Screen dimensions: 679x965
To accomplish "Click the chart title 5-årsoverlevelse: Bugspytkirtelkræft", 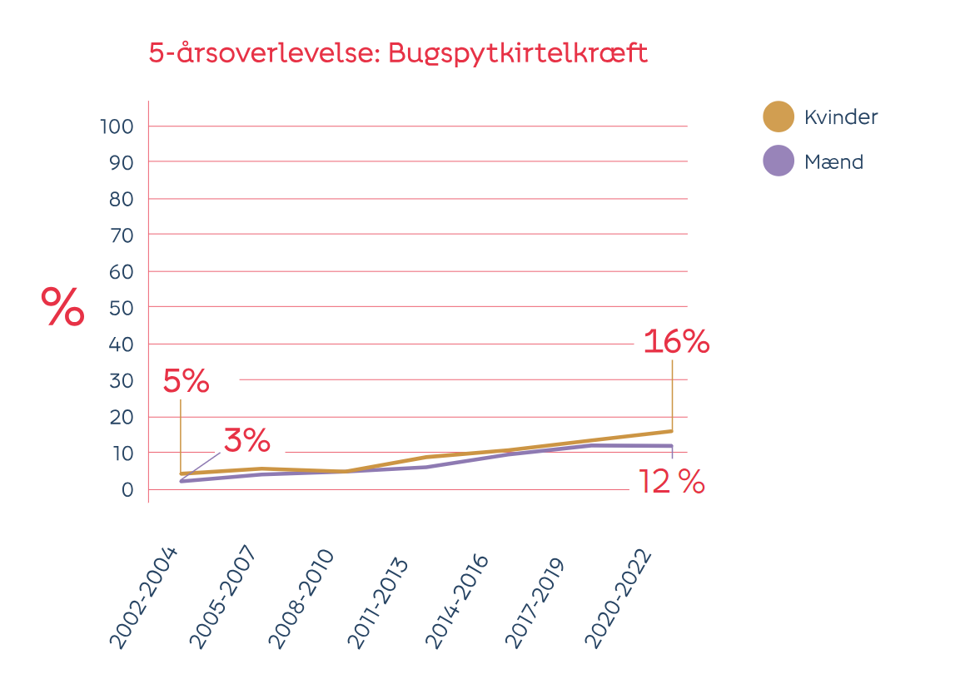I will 398,53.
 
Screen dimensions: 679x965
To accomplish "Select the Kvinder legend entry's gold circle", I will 778,117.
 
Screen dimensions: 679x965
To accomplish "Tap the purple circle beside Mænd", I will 778,161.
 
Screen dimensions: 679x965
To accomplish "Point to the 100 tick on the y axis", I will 117,126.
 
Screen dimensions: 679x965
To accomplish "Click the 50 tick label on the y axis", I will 122,308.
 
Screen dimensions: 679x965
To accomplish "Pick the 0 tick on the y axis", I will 127,489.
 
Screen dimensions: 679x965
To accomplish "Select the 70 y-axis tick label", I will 122,235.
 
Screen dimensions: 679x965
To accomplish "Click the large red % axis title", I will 63,308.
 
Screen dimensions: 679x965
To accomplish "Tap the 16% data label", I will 676,342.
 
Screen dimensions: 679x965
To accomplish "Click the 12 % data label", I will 671,482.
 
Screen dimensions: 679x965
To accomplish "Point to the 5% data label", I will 186,382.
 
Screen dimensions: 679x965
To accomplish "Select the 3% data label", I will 246,439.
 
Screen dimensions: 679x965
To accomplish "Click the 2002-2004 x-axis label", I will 144,597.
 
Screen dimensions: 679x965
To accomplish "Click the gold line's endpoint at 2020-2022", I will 671,431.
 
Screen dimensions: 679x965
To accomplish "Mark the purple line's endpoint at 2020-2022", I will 671,446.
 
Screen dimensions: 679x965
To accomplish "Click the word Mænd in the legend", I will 833,162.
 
